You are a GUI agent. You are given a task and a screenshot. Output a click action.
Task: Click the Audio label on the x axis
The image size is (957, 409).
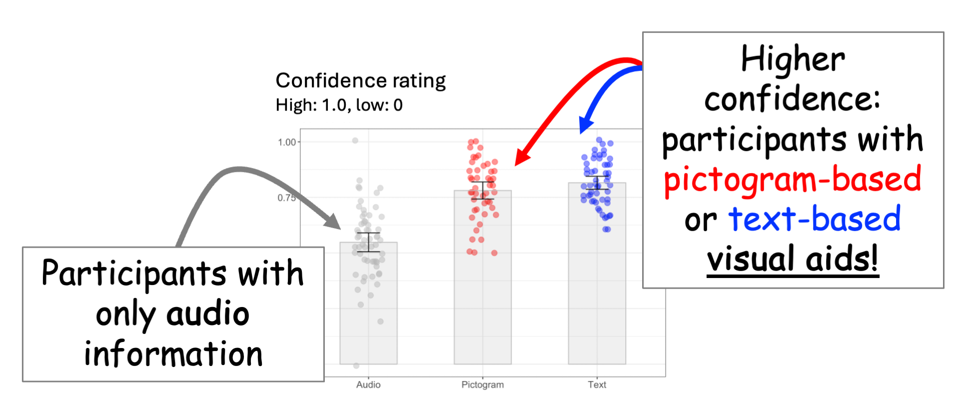(x=368, y=384)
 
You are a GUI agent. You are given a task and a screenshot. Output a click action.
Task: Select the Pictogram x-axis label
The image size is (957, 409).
(x=482, y=384)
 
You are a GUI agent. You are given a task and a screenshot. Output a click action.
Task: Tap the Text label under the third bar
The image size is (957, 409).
(x=597, y=384)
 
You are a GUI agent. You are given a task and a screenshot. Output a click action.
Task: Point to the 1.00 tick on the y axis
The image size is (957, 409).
(x=287, y=142)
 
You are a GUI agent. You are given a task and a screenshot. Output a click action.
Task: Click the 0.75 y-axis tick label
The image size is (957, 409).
(x=286, y=198)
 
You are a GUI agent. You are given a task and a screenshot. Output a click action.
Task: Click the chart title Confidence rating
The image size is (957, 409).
(x=360, y=80)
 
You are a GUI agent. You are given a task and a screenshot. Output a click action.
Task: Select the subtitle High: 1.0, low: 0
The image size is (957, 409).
(x=339, y=105)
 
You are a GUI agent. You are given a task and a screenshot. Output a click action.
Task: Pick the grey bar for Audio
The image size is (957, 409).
(x=368, y=310)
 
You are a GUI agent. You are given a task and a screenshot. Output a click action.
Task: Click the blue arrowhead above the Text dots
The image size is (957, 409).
(x=585, y=125)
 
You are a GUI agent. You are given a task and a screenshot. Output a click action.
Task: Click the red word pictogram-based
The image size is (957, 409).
(x=792, y=179)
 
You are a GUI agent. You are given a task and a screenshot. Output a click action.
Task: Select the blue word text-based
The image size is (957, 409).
(x=815, y=219)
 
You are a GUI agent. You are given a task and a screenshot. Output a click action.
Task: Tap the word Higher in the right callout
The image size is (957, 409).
(x=793, y=59)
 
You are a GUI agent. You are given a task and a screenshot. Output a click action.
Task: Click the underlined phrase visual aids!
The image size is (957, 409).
(x=793, y=258)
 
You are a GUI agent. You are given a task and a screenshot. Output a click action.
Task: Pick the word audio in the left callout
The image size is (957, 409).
(x=207, y=314)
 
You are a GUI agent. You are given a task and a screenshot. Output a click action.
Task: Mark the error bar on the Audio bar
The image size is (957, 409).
(x=368, y=242)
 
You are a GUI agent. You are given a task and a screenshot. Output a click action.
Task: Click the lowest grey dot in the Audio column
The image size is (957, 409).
(x=356, y=365)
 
